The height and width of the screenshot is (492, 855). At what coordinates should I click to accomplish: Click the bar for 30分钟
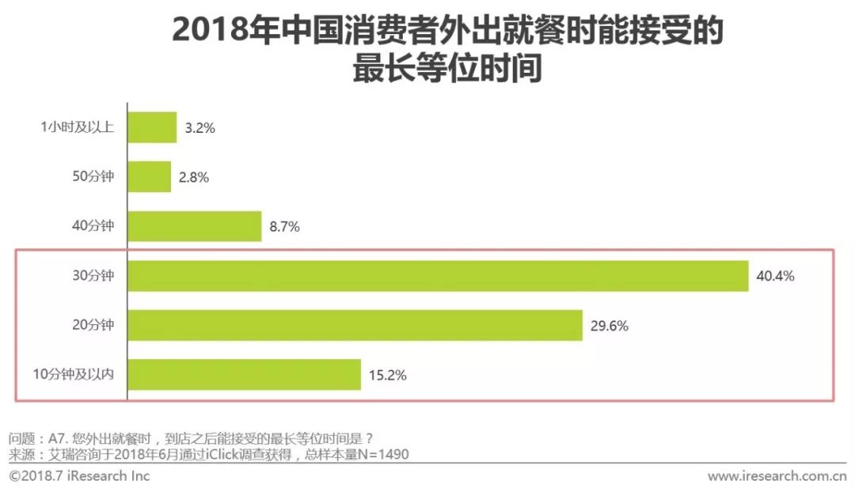pyautogui.click(x=438, y=276)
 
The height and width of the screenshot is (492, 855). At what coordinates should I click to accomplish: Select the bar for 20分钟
pyautogui.click(x=355, y=325)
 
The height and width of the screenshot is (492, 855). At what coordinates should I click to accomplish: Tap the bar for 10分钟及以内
pyautogui.click(x=244, y=374)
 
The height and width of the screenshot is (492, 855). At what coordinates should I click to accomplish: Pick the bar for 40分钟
pyautogui.click(x=194, y=226)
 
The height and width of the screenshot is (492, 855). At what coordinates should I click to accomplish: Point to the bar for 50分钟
pyautogui.click(x=149, y=177)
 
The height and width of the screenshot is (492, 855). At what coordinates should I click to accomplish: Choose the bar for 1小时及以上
pyautogui.click(x=152, y=127)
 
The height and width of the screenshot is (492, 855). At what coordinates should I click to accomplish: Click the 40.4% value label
pyautogui.click(x=774, y=276)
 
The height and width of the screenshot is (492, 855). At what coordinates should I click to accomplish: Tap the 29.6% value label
pyautogui.click(x=609, y=325)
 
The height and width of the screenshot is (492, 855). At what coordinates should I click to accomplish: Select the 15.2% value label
pyautogui.click(x=387, y=375)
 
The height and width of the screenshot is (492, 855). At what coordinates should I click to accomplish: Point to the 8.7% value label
pyautogui.click(x=284, y=227)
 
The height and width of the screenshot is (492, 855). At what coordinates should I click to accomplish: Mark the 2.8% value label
pyautogui.click(x=192, y=178)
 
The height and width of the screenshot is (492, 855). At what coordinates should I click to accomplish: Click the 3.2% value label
pyautogui.click(x=198, y=128)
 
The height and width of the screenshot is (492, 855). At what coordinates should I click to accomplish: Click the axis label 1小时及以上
pyautogui.click(x=78, y=128)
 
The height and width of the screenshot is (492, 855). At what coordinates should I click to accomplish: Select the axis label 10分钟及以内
pyautogui.click(x=74, y=375)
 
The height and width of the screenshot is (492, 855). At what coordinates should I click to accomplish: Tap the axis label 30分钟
pyautogui.click(x=93, y=276)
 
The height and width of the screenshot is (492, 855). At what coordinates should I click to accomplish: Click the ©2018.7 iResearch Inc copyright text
pyautogui.click(x=79, y=475)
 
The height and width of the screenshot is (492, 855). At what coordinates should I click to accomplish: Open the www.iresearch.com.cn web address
pyautogui.click(x=777, y=475)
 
